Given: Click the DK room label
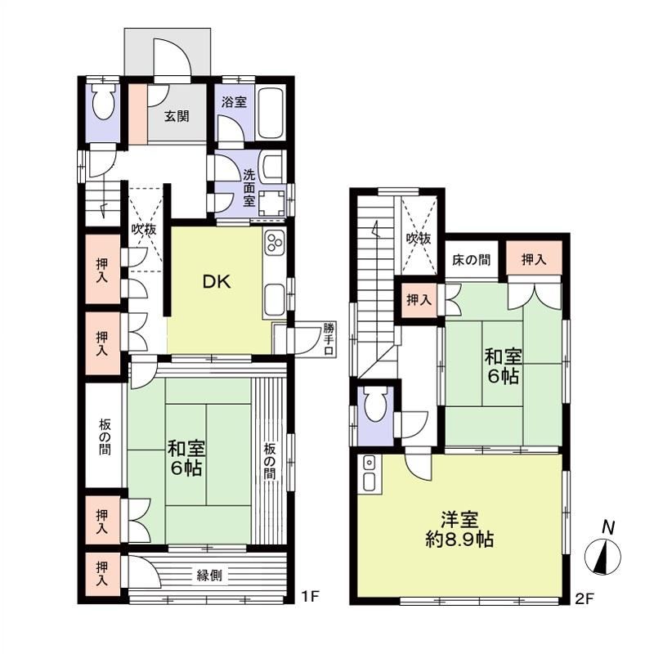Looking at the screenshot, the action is pos(217,282).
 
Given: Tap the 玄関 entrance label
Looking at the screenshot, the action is pos(177,115).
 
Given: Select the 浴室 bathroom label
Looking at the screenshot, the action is pos(234,101).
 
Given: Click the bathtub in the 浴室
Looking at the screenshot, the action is pos(271,113).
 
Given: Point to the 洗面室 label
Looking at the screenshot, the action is pos(249,188).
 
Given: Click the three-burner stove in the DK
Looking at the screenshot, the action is pos(274,241).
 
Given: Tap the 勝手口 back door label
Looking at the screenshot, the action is pos(329,338).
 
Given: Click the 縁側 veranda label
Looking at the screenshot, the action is pos(209,576).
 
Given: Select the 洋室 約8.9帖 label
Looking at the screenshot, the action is pos(459,529).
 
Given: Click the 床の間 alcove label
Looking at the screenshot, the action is pos(471,260).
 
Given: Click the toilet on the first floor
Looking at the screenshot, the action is pos(103,103).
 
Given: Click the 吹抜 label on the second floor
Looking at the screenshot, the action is pos(419,239).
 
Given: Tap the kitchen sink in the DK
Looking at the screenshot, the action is pos(275,299).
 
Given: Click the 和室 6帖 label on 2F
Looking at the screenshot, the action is pos(503,366).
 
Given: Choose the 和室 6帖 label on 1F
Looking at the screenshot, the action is pos(186,459).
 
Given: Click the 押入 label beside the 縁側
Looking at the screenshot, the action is pos(101,573).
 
